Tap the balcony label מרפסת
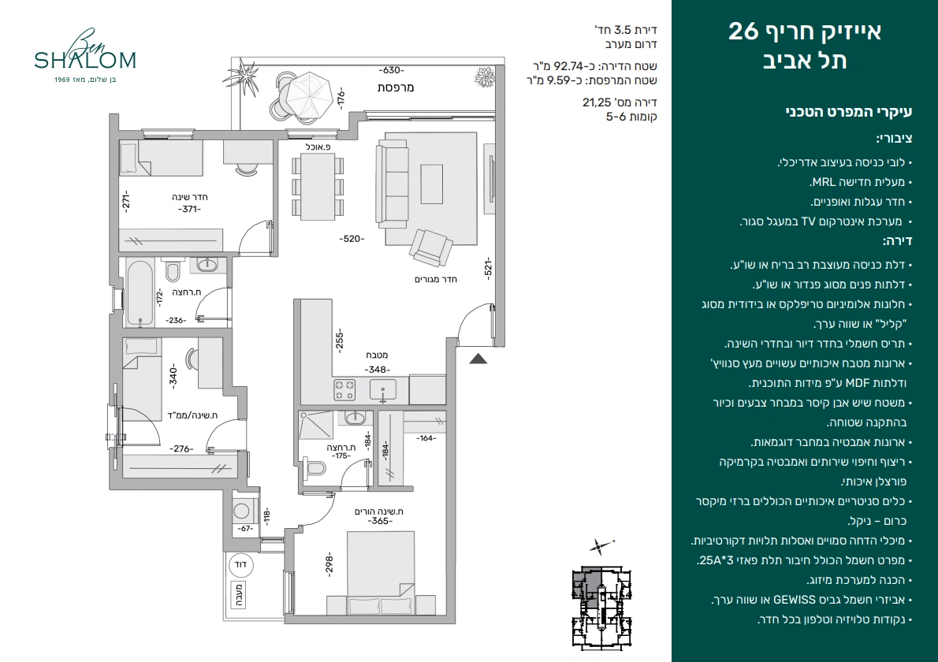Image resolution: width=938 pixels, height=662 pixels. click(x=396, y=87)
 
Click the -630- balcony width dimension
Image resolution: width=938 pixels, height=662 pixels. click(x=393, y=71)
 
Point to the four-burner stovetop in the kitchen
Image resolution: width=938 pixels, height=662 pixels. click(x=344, y=390)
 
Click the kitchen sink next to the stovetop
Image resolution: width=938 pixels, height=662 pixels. click(x=383, y=390)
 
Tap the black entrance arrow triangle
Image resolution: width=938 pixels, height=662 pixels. click(x=478, y=359)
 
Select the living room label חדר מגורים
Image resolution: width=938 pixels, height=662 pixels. click(x=436, y=279)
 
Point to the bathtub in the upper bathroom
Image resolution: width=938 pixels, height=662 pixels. click(x=140, y=293)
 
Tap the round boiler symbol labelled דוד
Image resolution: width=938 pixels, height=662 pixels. click(x=240, y=564)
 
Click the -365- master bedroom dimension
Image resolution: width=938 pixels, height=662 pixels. click(x=380, y=522)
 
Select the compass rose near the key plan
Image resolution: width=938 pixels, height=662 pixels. click(x=598, y=546)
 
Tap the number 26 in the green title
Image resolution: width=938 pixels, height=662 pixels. click(x=743, y=32)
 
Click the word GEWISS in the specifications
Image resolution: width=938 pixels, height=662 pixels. click(x=794, y=600)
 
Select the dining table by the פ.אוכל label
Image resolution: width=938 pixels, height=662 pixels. click(x=318, y=187)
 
